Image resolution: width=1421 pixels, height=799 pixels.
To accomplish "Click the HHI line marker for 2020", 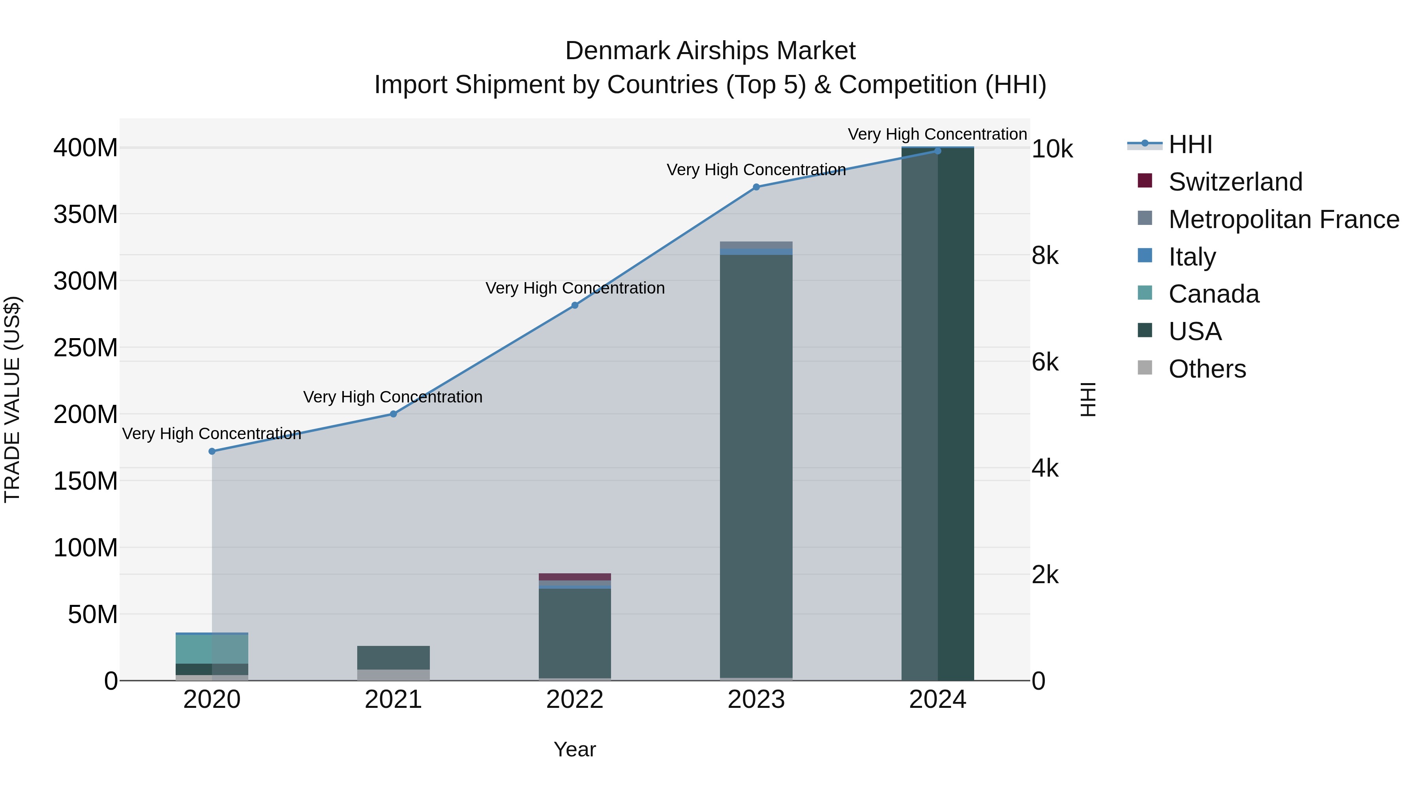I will [x=212, y=451].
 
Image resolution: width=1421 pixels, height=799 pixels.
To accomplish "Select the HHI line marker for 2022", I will [x=575, y=305].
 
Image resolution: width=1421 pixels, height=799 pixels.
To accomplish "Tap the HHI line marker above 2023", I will [x=756, y=187].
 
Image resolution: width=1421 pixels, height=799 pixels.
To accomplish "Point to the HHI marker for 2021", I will [x=393, y=414].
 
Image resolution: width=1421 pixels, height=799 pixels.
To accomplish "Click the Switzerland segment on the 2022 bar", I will [x=575, y=577].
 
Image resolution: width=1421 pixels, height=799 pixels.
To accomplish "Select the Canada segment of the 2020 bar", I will [x=212, y=649].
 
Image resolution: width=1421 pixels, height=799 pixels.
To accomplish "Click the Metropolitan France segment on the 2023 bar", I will [x=756, y=245].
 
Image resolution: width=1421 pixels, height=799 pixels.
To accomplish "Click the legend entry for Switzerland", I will [x=1235, y=182].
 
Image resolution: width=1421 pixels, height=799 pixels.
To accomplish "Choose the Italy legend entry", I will [x=1192, y=257].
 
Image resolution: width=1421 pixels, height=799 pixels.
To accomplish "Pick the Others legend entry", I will [x=1207, y=369].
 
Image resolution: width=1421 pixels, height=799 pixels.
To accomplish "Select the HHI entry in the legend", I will [x=1190, y=144].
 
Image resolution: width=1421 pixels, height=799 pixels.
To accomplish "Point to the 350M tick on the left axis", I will [x=86, y=214].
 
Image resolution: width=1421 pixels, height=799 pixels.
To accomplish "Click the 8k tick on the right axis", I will [x=1045, y=256].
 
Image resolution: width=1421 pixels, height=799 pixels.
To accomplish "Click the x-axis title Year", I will [x=575, y=749].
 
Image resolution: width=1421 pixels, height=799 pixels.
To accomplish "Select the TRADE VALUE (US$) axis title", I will [x=13, y=399].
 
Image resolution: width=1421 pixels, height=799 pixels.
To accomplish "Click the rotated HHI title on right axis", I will [x=1088, y=399].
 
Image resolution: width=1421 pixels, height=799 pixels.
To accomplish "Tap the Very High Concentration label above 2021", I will [x=393, y=397].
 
